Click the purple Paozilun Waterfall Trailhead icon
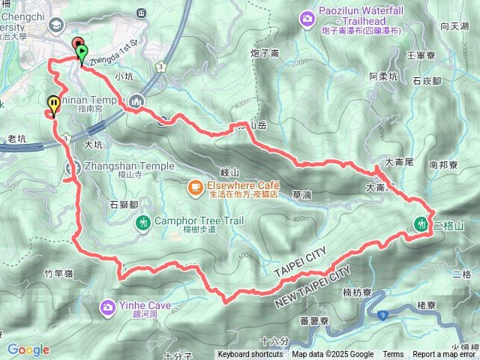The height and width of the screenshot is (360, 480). pos(307,17)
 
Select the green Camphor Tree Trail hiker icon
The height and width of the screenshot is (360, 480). pos(143,222)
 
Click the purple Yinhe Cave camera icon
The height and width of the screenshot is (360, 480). pos(108,306)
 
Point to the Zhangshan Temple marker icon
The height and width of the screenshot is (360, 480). pos(73,168)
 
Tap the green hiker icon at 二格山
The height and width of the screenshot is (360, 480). pos(422,223)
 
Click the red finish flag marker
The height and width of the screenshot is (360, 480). pos(76,43)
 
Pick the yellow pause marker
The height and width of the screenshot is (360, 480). pos(54,103)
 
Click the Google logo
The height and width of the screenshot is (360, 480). pos(28,349)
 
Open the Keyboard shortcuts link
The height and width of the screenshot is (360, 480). pos(250,355)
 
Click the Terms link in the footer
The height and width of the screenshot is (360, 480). pos(393,355)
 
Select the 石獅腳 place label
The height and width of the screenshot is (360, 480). pos(124,204)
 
